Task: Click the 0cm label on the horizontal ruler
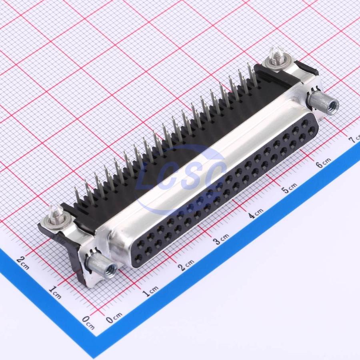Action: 114,318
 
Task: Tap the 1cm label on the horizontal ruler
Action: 151,291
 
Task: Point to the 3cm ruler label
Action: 221,239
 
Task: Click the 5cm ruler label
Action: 289,188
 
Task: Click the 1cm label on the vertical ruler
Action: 55,292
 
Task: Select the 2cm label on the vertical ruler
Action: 23,263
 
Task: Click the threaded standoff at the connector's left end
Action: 102,266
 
